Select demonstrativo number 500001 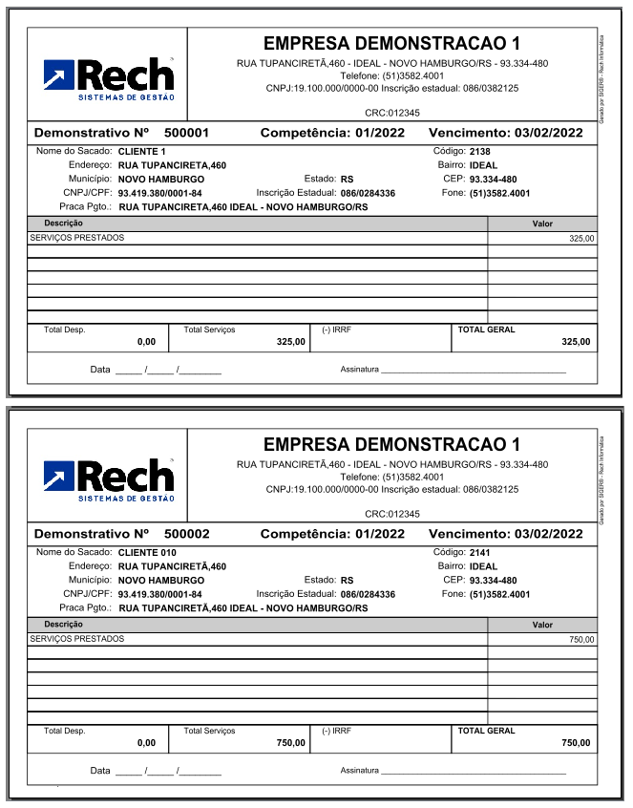[x=187, y=133]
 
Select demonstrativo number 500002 [x=187, y=534]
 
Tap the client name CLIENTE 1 [x=142, y=152]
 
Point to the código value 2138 [x=480, y=152]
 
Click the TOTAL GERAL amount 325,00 [x=576, y=341]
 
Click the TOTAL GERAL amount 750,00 [x=576, y=742]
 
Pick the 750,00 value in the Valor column [x=580, y=640]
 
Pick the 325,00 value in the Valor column [x=580, y=239]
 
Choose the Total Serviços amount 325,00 [x=290, y=341]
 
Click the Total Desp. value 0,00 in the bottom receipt [x=146, y=742]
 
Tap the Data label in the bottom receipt [x=100, y=770]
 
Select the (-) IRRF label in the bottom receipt [x=337, y=731]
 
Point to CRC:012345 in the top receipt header [x=391, y=113]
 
